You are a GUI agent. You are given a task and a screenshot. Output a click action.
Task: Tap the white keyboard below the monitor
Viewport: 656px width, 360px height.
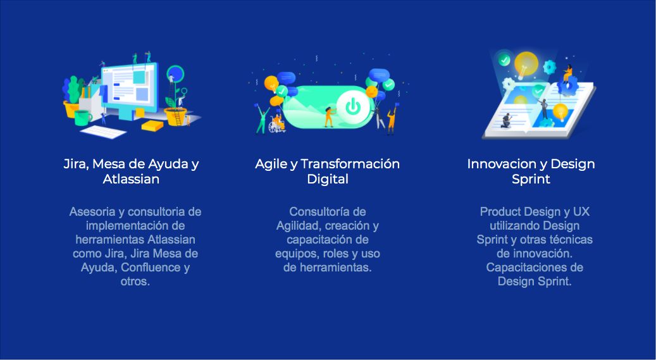[103, 132]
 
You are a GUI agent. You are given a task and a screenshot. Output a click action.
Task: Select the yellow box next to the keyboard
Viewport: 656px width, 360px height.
[152, 125]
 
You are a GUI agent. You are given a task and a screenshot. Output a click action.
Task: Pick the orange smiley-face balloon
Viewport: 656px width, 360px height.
[371, 91]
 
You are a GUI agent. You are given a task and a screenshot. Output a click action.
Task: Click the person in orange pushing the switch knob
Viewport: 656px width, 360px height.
[329, 116]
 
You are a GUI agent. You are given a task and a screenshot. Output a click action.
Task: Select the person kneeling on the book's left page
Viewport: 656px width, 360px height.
[507, 120]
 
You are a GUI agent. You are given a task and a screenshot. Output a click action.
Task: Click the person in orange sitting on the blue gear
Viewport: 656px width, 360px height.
[567, 74]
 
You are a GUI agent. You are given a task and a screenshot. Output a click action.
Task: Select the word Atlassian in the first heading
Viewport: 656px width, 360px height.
[131, 179]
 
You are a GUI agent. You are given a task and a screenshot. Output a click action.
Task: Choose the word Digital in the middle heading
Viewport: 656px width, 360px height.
[328, 179]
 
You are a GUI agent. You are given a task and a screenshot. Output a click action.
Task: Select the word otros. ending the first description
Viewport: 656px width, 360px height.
[135, 282]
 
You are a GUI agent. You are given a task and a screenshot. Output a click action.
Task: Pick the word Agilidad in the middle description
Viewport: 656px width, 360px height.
[299, 226]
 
